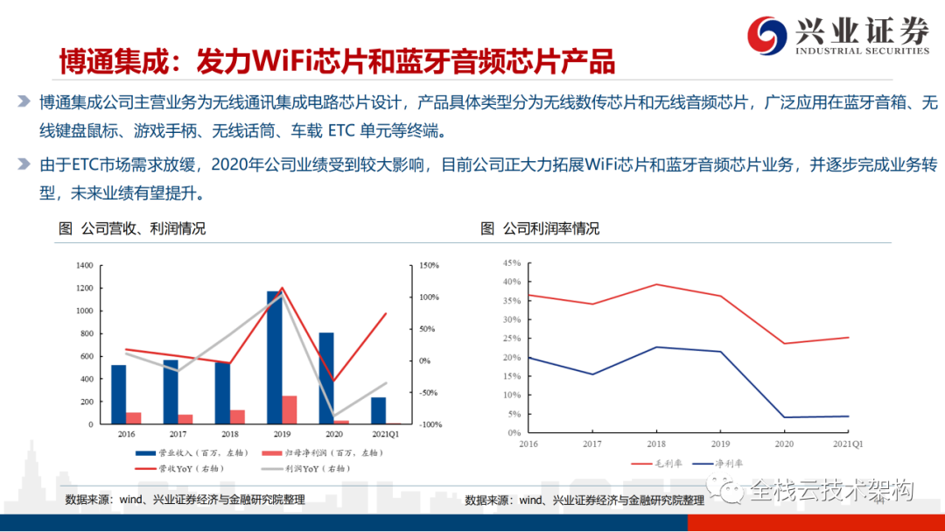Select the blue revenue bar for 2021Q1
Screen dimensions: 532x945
click(x=378, y=410)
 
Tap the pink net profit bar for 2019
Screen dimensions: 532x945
click(x=290, y=409)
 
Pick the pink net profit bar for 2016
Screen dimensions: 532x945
click(x=134, y=418)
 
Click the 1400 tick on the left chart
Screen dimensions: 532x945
click(x=84, y=265)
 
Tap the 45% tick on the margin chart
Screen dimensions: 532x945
click(x=512, y=262)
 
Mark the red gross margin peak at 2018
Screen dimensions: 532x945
click(x=656, y=284)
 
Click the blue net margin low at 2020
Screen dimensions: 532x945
click(x=784, y=417)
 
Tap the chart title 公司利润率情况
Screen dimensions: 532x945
click(x=550, y=229)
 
